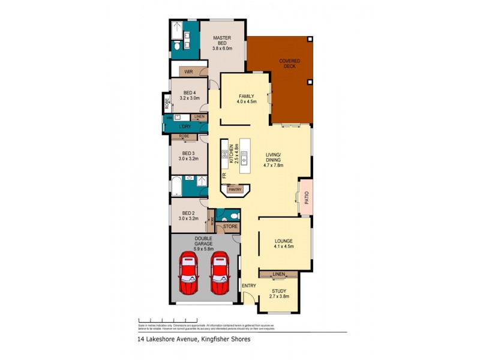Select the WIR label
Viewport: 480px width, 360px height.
[x=188, y=71]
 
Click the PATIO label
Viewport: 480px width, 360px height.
[x=306, y=198]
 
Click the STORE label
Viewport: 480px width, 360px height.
[x=230, y=227]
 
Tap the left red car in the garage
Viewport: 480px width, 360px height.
[x=189, y=274]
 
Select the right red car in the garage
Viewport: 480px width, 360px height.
[x=219, y=274]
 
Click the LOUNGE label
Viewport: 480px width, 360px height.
[x=284, y=242]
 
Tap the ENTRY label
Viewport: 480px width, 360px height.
[x=249, y=286]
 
